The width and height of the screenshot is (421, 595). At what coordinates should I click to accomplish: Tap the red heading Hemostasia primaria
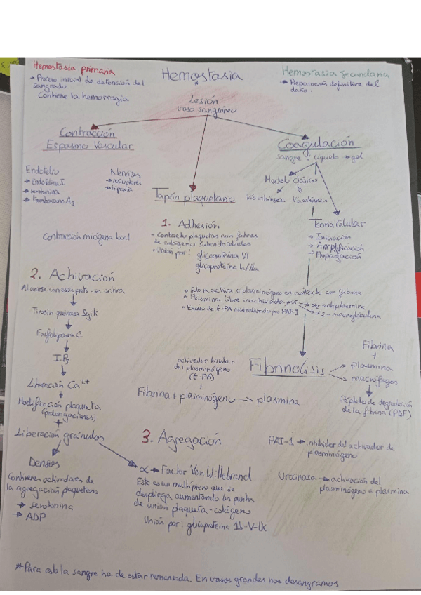68,69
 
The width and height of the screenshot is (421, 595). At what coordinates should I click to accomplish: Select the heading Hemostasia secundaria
335,72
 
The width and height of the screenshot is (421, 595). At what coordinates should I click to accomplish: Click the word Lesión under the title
204,100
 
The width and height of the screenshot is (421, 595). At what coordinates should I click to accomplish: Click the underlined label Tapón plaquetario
193,199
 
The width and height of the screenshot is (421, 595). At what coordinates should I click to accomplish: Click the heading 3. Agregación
181,440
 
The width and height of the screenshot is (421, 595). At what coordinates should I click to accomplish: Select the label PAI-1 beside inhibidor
280,441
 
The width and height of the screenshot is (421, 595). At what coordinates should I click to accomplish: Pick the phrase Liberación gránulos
59,436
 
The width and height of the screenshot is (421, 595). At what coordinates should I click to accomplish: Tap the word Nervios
125,173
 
